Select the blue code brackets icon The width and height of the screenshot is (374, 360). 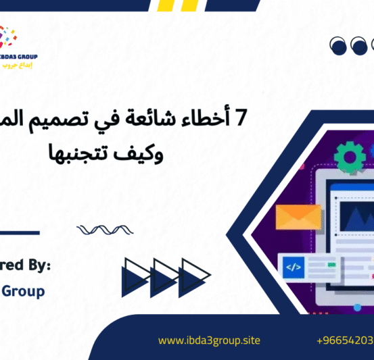294,267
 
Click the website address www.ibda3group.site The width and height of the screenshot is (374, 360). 208,340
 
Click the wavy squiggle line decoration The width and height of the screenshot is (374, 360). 100,230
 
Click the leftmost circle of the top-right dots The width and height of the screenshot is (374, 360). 338,45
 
